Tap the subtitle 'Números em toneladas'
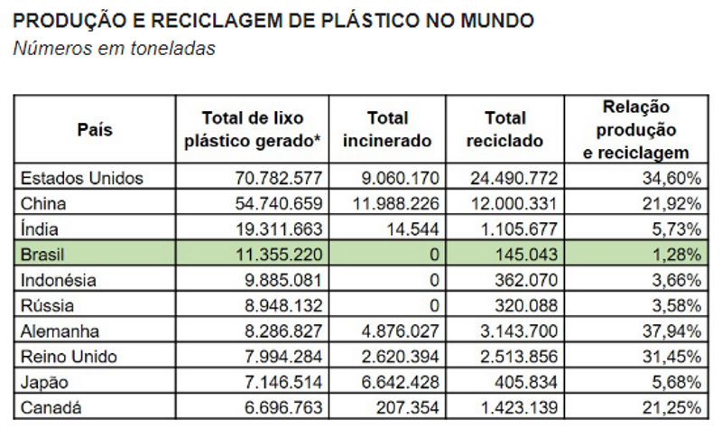click(x=114, y=49)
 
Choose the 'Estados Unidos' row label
click(x=82, y=178)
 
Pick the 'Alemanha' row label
click(x=60, y=331)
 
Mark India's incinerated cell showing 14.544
click(x=416, y=229)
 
